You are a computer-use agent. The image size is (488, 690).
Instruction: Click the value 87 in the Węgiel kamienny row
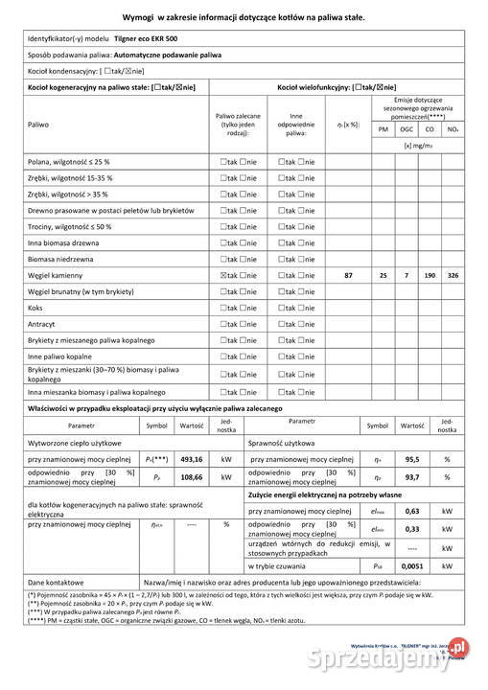[348, 275]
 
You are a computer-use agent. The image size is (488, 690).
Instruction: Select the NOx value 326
[453, 275]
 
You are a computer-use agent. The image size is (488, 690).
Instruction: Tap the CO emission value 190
[430, 275]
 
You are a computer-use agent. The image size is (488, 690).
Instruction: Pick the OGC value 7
[407, 275]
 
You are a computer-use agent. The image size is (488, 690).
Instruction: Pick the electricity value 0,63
[413, 511]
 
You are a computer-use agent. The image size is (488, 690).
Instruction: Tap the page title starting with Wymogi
[244, 17]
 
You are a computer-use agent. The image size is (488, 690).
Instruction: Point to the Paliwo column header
[39, 124]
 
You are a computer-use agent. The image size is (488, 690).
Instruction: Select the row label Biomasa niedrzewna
[60, 259]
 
